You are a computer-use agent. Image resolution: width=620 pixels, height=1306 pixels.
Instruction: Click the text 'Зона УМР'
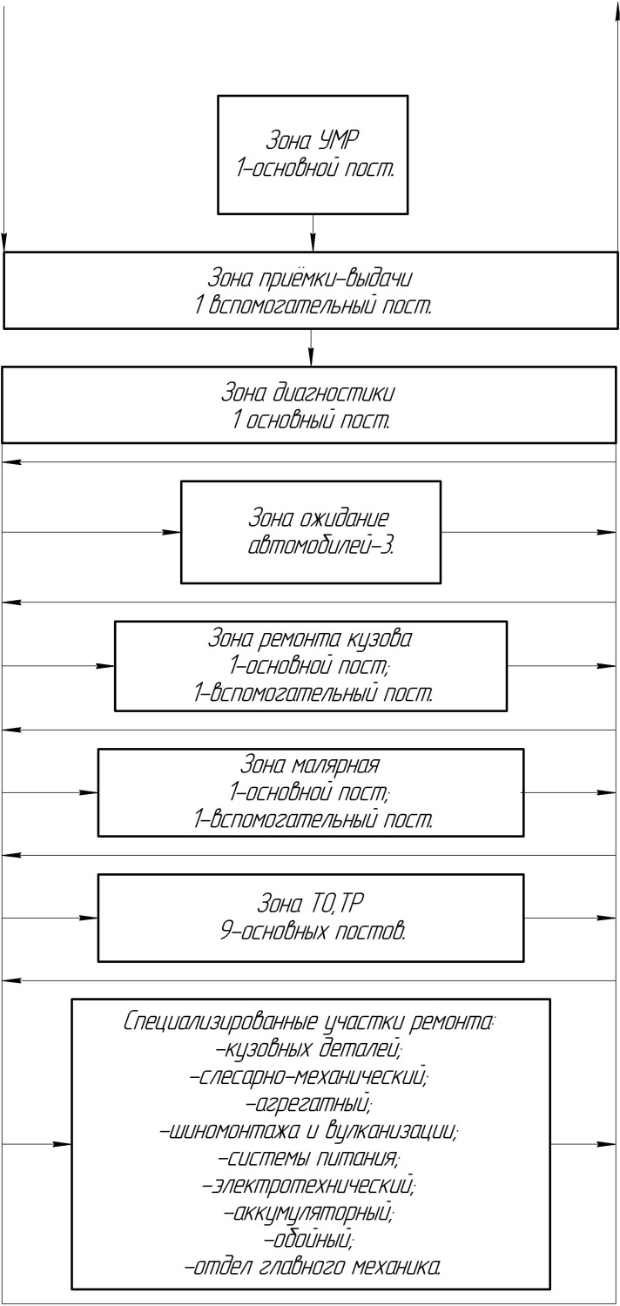pos(313,140)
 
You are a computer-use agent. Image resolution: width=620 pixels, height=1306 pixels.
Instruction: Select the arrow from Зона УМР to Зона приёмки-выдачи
pos(313,232)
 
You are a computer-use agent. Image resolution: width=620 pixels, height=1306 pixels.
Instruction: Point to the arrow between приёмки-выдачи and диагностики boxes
pos(311,347)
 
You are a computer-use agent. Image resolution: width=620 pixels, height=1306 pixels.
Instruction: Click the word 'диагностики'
pos(333,394)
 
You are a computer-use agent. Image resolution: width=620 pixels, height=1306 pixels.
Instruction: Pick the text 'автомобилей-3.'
pos(320,546)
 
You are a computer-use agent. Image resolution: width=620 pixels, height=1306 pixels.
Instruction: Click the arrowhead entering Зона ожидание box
pos(172,532)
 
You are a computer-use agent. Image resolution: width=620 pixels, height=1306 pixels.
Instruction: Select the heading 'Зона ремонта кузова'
pos(310,639)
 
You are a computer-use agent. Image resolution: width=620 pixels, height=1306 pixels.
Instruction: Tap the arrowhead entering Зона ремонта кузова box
pos(105,666)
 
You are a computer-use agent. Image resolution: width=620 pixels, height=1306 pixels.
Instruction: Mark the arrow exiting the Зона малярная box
pos(569,793)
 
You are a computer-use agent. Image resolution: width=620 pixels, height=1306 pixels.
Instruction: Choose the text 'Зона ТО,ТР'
pos(310,904)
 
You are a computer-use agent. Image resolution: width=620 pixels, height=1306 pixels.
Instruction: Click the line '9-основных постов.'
pos(313,931)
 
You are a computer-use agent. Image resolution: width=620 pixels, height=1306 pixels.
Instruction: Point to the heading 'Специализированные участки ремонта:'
pos(310,1022)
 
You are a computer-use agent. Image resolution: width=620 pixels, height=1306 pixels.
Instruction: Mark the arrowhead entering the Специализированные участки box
pos(62,1144)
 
